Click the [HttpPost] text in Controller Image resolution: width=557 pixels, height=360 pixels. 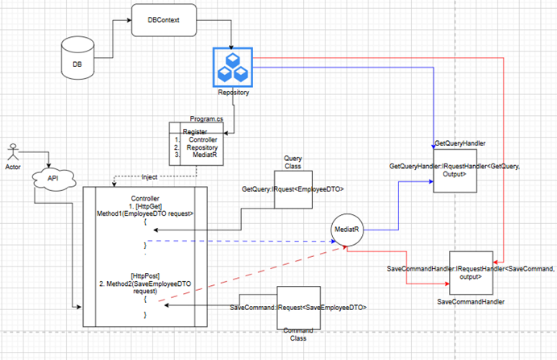143,274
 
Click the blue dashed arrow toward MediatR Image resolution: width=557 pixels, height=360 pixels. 242,241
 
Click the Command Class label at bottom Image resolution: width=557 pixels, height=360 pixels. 299,334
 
